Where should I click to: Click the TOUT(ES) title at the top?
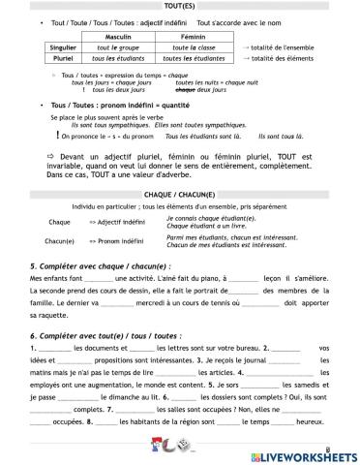tap(180, 6)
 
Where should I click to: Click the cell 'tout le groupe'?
tap(119, 46)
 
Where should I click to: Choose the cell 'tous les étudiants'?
tap(119, 57)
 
